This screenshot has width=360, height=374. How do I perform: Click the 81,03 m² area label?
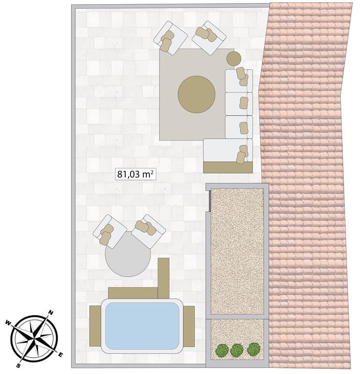(x=135, y=174)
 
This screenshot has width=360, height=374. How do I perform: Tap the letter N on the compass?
(x=50, y=313)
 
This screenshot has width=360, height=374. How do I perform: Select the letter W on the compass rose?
(x=8, y=323)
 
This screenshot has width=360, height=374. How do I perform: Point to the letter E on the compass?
(x=61, y=355)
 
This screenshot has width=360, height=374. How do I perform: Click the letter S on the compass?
(x=18, y=366)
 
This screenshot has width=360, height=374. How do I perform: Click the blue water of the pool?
(x=142, y=326)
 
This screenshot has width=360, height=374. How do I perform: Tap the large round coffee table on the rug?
(x=196, y=94)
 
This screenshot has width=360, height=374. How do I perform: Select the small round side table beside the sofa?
(x=234, y=58)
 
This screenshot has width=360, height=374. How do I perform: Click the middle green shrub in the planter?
(x=237, y=350)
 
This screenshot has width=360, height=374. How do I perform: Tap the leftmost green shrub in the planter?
(x=222, y=350)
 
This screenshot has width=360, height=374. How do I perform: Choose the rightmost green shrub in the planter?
(x=253, y=349)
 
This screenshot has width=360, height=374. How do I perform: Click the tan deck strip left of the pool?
(x=95, y=326)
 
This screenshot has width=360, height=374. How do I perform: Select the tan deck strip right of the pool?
(x=189, y=326)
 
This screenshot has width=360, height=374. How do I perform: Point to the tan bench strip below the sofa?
(x=228, y=167)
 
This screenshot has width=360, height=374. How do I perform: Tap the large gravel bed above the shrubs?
(x=238, y=252)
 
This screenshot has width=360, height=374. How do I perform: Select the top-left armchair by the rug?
(x=170, y=38)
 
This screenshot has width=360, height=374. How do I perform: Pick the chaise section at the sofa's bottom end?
(x=228, y=150)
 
